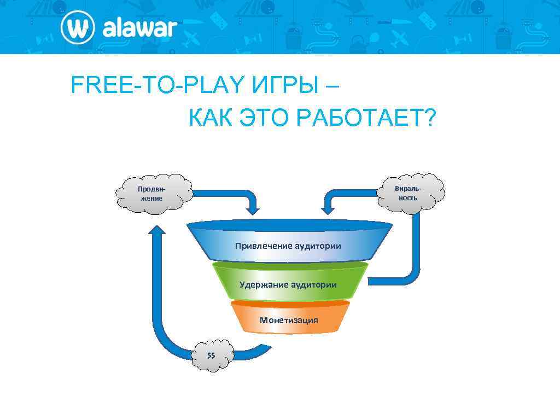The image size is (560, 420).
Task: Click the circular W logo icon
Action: point(78,27)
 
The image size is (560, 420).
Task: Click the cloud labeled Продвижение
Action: point(150,193)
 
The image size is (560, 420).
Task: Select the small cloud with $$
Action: point(212,355)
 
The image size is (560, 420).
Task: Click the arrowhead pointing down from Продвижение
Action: point(253,208)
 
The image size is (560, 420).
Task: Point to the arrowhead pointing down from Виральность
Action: point(328,208)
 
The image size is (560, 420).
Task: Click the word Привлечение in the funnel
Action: point(264,246)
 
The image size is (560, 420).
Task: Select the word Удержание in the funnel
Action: point(264,284)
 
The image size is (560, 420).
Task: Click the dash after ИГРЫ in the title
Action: point(331,85)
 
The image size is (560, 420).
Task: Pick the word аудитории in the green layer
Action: point(313,284)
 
